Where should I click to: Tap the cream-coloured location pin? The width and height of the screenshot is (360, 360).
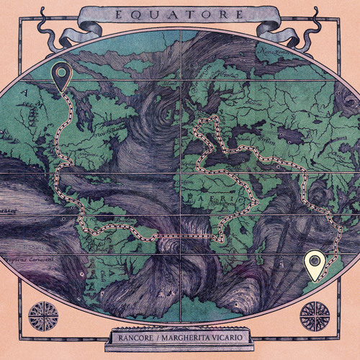pyautogui.click(x=314, y=264)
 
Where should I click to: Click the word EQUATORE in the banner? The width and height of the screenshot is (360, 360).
pyautogui.click(x=180, y=14)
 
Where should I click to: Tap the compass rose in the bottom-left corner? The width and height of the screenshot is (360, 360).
pyautogui.click(x=42, y=315)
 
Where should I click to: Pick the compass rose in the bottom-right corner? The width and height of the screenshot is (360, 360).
pyautogui.click(x=315, y=315)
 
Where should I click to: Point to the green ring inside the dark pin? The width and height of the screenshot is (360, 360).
pyautogui.click(x=61, y=71)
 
